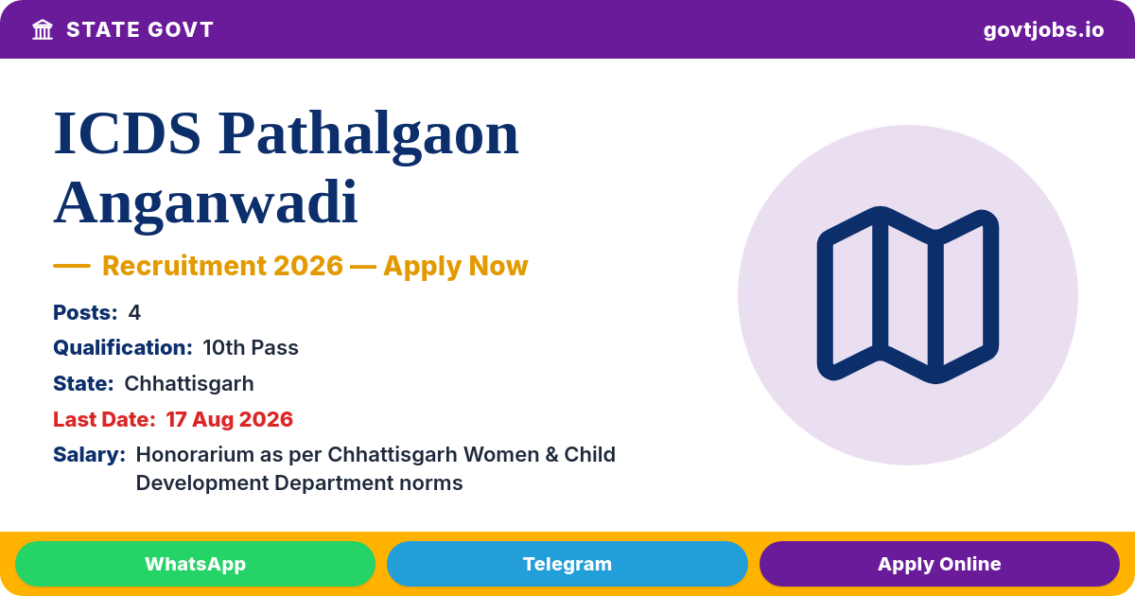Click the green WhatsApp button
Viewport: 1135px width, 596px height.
(195, 564)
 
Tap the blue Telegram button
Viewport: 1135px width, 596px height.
(567, 564)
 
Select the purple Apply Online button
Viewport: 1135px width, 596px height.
(939, 564)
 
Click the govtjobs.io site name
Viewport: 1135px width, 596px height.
(1044, 30)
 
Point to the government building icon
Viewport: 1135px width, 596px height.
(43, 30)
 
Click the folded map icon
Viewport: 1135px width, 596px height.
(908, 295)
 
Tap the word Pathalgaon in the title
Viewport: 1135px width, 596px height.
(368, 134)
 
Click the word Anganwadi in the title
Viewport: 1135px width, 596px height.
(206, 202)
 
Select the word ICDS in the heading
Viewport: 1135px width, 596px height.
(127, 133)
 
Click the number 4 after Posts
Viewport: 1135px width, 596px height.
(134, 313)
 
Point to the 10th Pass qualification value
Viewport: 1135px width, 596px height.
(251, 348)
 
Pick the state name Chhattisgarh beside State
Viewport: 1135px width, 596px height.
(189, 384)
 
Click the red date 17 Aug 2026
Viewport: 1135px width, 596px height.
(230, 420)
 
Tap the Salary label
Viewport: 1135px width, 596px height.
(89, 455)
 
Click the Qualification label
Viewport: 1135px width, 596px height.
(123, 348)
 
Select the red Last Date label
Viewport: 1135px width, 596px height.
(104, 420)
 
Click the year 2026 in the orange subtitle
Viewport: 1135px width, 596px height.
(308, 266)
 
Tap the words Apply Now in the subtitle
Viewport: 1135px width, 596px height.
(456, 267)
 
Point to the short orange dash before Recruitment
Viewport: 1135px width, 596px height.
(72, 266)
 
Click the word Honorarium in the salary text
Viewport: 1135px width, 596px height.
(195, 455)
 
